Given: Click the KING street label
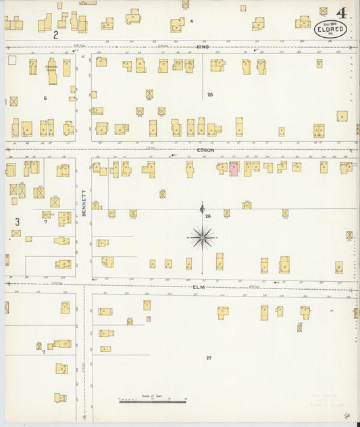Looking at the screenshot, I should click(203, 47).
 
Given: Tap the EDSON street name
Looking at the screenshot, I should click(206, 149).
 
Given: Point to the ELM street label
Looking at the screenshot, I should click(199, 286).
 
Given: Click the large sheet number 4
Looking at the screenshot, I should click(341, 13).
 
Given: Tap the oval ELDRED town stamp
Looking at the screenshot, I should click(331, 29).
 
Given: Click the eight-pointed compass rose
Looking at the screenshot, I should click(202, 237).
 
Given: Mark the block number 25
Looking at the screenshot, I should click(210, 94).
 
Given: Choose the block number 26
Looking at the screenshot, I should click(208, 216).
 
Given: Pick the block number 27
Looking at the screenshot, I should click(209, 357).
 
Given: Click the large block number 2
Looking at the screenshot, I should click(56, 34).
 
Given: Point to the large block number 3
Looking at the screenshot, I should click(17, 221).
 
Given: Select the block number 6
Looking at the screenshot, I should click(45, 99).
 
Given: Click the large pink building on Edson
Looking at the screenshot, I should click(234, 169).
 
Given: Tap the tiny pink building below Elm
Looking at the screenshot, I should click(148, 319).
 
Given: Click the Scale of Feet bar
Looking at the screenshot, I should click(153, 400).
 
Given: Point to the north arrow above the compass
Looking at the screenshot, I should click(202, 209).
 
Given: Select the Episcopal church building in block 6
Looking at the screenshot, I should click(52, 72).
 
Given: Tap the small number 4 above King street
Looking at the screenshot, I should click(191, 21).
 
